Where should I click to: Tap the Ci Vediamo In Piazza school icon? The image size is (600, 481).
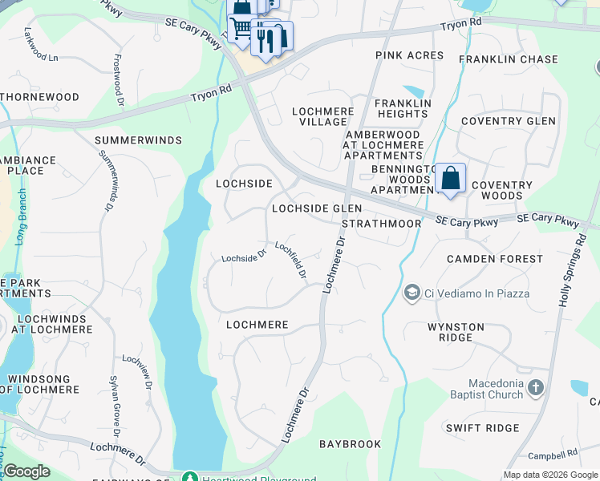point(413,293)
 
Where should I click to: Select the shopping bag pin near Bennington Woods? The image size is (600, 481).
point(451,178)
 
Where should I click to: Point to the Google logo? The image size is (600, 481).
point(26,471)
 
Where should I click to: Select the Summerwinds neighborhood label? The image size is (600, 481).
point(139,140)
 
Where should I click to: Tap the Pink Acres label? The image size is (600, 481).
point(409,55)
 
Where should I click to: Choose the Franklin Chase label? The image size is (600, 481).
point(508,59)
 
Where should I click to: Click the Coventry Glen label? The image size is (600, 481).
point(508,121)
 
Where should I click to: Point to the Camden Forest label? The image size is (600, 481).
point(494,259)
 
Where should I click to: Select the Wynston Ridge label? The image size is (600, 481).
point(456,333)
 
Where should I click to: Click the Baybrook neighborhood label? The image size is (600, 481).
point(350,443)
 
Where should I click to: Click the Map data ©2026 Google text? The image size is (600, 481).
point(550,475)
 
